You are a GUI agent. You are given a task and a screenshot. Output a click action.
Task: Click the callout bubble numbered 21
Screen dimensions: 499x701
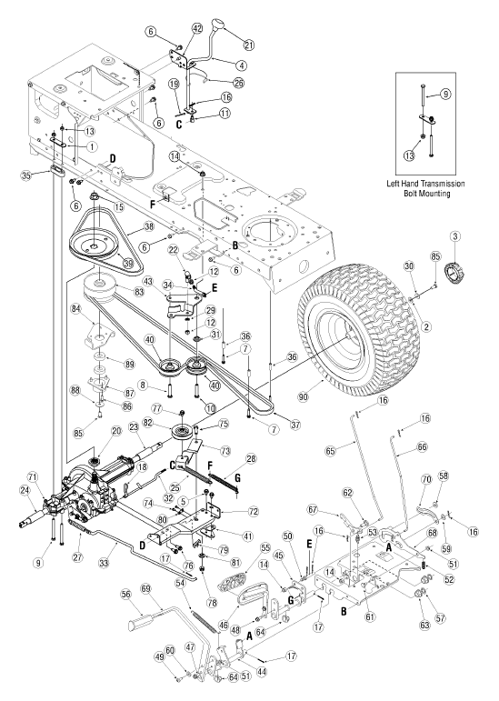(249, 45)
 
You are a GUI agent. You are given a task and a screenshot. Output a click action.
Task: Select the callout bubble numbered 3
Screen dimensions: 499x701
(455, 235)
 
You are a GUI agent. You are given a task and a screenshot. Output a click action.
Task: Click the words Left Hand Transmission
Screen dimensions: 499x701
(425, 184)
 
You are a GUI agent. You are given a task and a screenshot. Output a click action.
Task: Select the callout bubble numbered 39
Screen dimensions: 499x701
(128, 264)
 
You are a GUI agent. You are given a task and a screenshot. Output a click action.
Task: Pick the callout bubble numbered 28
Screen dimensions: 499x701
(251, 458)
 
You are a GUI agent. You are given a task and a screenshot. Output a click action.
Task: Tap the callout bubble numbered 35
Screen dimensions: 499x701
(26, 175)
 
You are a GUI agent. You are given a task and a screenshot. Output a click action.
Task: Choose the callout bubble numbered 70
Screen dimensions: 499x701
(426, 480)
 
